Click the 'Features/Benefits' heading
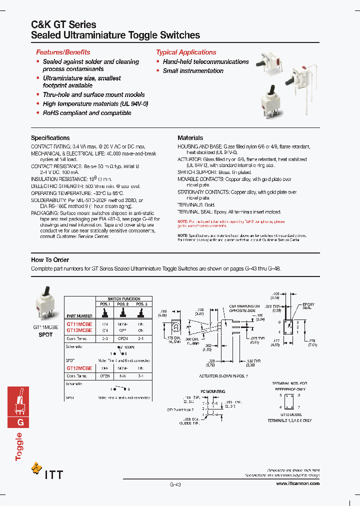click(x=63, y=52)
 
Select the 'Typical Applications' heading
click(x=186, y=52)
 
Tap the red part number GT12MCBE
click(x=79, y=367)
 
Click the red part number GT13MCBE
click(x=79, y=330)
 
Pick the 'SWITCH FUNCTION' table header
click(x=123, y=298)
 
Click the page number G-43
click(x=175, y=484)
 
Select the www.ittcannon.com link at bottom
click(x=297, y=483)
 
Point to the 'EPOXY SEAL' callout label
click(x=308, y=305)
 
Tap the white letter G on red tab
click(x=20, y=422)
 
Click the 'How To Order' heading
click(x=50, y=259)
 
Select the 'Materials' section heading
click(x=190, y=137)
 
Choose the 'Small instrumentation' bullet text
click(x=193, y=71)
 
